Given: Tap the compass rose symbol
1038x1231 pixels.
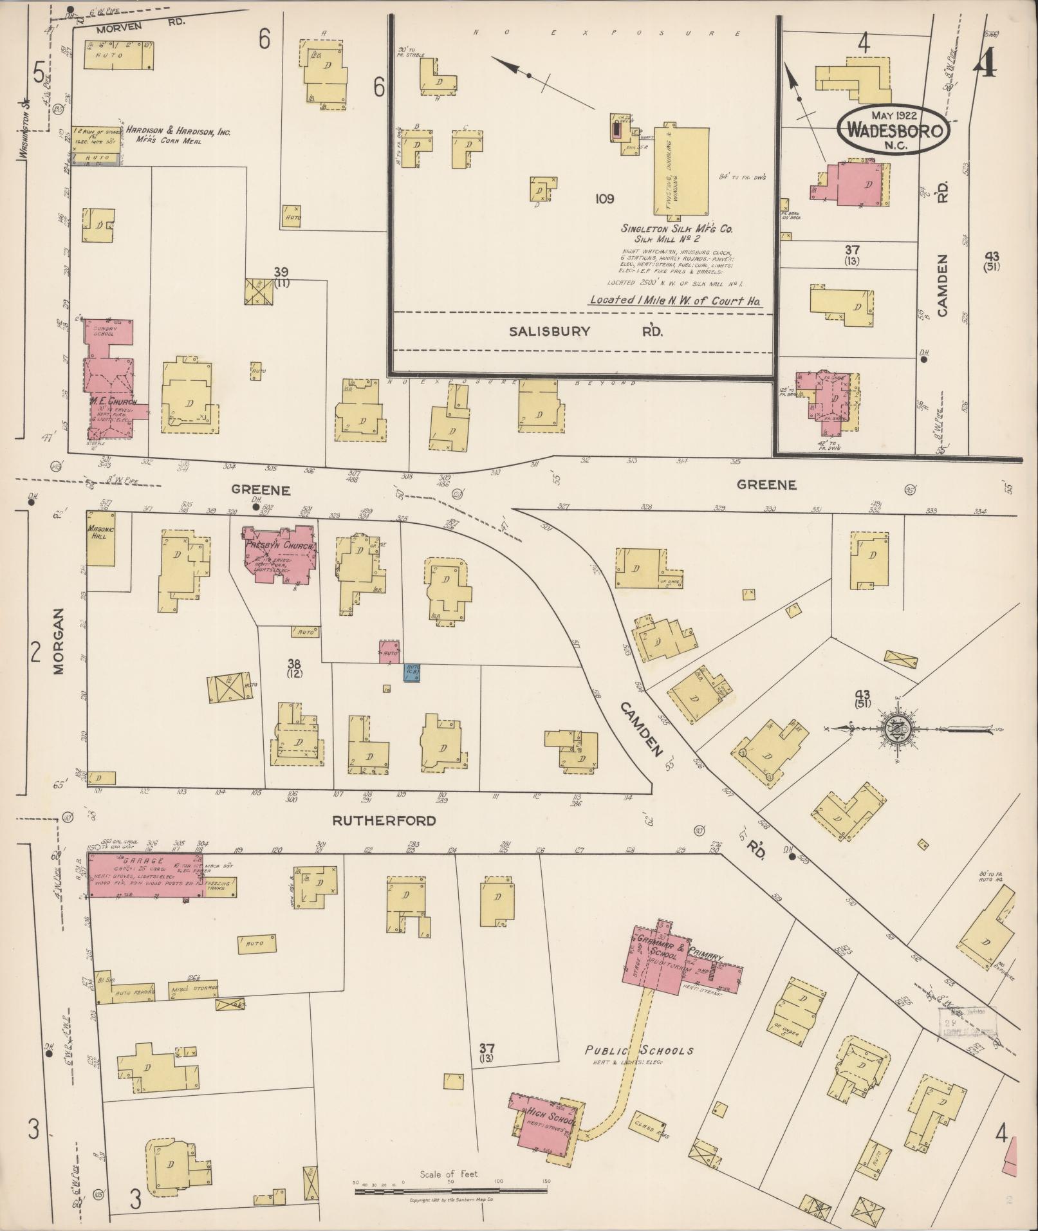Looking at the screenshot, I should coord(894,728).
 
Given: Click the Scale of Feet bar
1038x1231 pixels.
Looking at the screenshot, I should coord(450,1191).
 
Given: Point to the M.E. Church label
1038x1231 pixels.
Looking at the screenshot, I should coord(111,402).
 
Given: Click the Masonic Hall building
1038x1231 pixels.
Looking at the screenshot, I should coord(100,539).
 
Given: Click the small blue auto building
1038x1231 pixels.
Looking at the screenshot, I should coord(412,672).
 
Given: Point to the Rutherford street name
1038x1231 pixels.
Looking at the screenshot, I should coord(384,820).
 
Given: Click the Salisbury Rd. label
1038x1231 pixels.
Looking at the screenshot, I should coord(586,331).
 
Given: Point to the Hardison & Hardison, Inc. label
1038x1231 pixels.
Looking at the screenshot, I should coord(178,131).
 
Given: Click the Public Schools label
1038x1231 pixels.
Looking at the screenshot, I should coord(639,1050).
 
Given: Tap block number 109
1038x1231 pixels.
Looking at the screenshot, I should coord(604,199).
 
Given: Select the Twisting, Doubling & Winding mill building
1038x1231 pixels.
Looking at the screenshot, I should coord(681,171).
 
